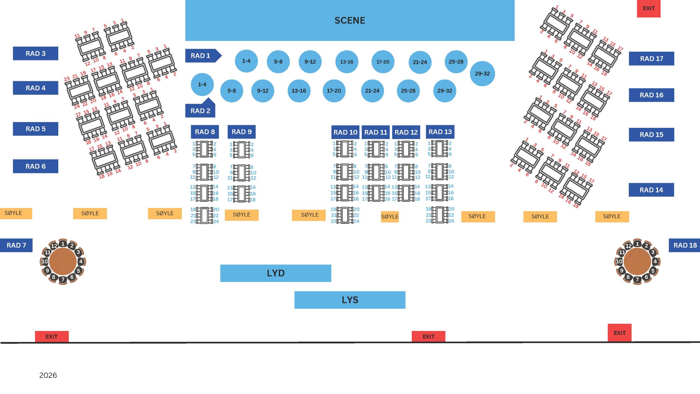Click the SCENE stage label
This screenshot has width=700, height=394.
point(350,21)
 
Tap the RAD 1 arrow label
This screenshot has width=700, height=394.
point(201,56)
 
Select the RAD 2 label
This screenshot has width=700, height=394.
point(200,111)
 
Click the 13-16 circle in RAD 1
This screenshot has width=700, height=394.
point(346,62)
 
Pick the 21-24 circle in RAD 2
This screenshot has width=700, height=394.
point(372,91)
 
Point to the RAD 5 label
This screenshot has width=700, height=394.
point(36,129)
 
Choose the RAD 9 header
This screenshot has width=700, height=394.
point(241,132)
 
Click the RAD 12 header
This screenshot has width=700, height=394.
point(406,132)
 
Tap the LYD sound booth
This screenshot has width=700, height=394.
point(276,273)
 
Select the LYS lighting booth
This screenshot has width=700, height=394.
point(350,300)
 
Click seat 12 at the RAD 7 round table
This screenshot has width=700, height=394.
point(54,246)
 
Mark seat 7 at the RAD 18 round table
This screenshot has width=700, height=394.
point(637,280)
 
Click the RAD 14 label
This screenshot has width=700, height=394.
point(651,190)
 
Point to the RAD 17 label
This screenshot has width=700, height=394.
point(651,59)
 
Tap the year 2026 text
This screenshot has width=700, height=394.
point(48,375)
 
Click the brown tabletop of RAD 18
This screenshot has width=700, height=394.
point(637,262)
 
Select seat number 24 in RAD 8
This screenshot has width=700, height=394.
point(216,221)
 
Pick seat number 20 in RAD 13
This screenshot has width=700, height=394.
point(451,209)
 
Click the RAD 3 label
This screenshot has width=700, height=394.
point(36,54)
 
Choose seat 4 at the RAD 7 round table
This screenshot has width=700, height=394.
point(81,262)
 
